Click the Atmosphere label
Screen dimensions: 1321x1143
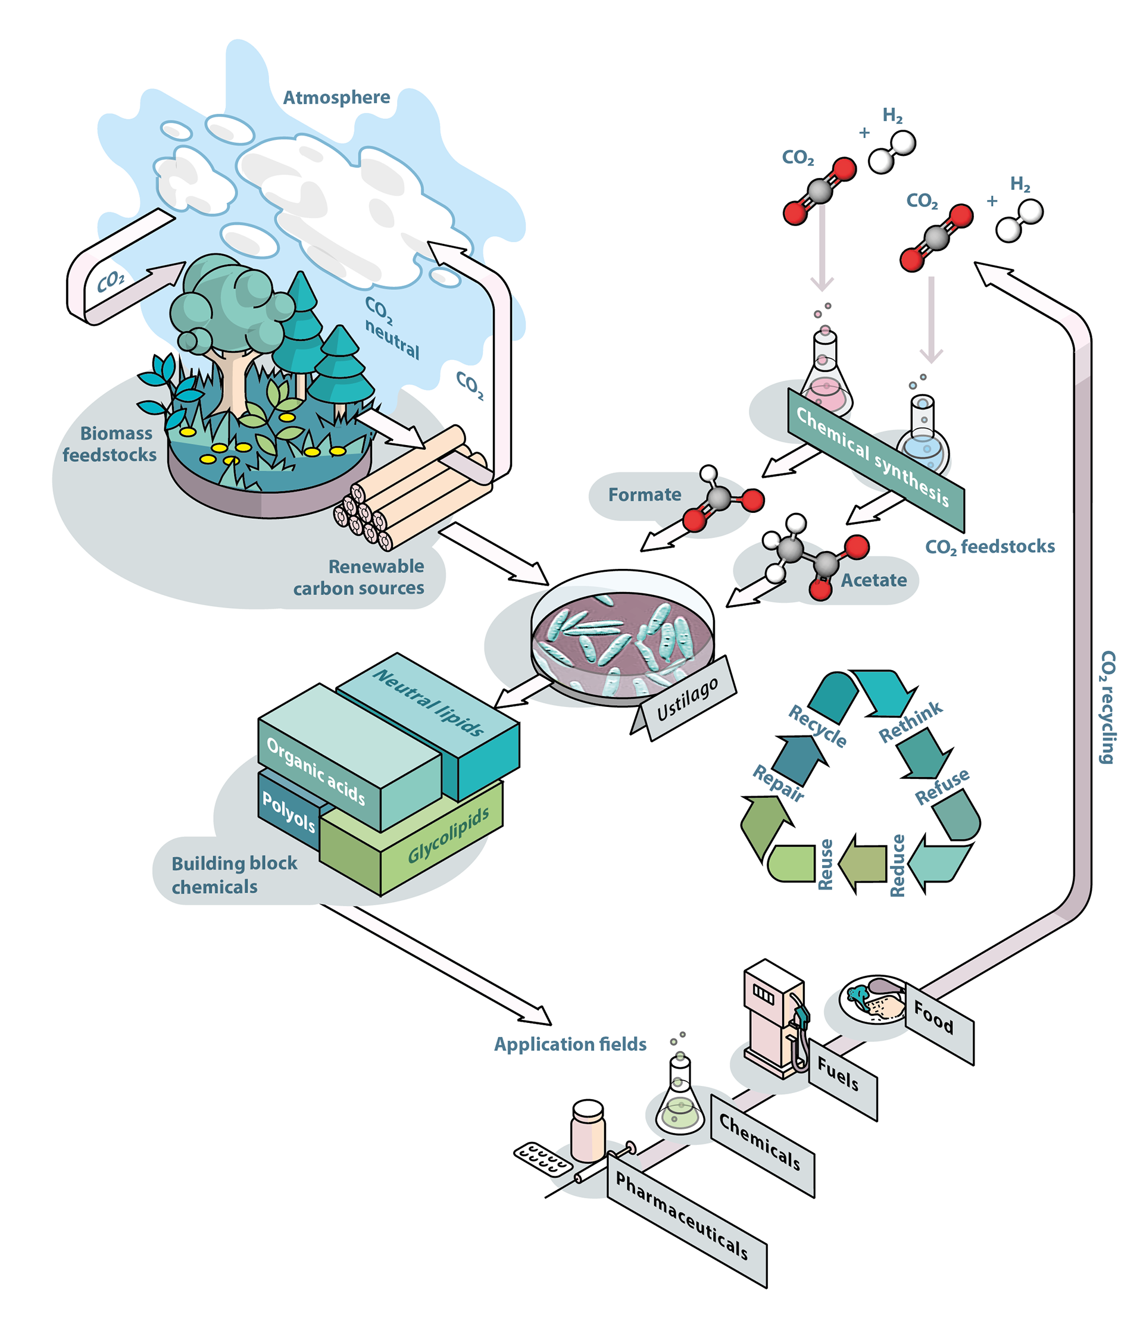(x=336, y=98)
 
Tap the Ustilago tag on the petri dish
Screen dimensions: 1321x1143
(x=688, y=699)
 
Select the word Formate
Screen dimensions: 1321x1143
(x=644, y=494)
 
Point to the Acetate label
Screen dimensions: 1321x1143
(x=873, y=580)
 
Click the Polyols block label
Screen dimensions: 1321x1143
(x=288, y=813)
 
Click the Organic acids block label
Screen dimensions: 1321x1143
(x=316, y=770)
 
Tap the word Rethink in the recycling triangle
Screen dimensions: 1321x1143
(x=910, y=722)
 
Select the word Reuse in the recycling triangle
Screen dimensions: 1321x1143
(x=825, y=865)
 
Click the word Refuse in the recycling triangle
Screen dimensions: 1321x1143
(x=942, y=787)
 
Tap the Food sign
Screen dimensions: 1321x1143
(x=933, y=1017)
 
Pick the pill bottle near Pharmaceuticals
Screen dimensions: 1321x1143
(x=588, y=1132)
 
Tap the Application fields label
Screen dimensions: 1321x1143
(x=570, y=1044)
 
